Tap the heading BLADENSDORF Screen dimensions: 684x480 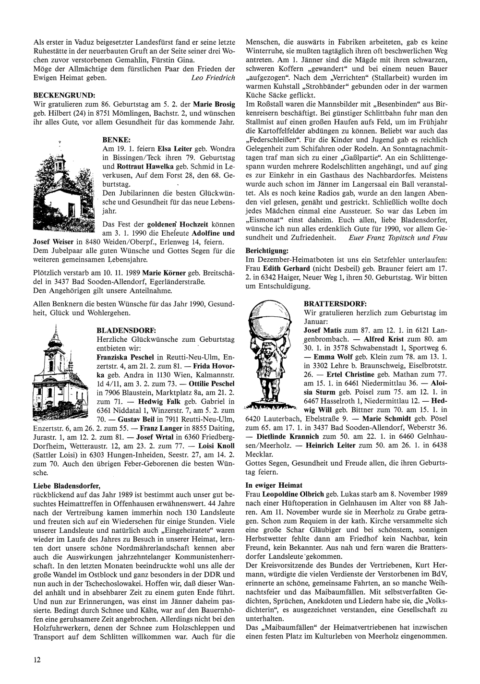(x=126, y=331)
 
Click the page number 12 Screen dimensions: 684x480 (x=37, y=659)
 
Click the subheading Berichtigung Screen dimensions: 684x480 (x=267, y=251)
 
